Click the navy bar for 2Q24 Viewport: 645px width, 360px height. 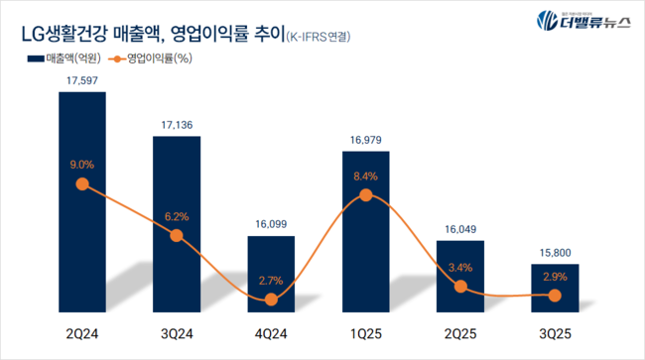pos(88,198)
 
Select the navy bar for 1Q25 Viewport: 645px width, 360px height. pos(366,228)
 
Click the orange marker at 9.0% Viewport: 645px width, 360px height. pos(88,184)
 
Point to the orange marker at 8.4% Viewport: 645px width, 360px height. pos(366,195)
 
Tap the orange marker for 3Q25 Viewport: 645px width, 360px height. pos(555,296)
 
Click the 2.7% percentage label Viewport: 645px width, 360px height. pos(272,281)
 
